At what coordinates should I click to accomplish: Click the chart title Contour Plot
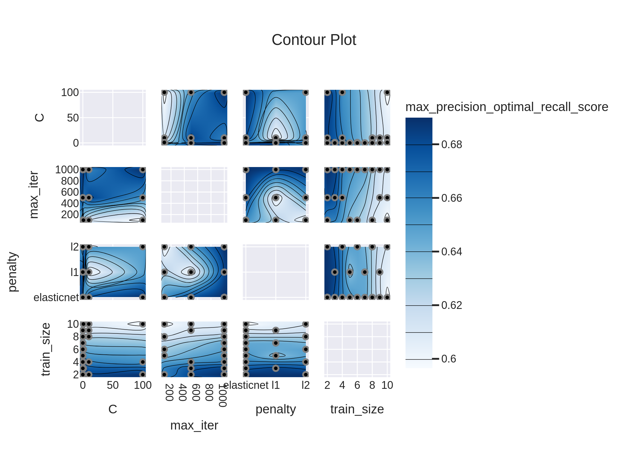coord(314,40)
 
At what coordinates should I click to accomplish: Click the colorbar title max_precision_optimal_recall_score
coord(507,107)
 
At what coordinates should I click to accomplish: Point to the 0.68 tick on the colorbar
coord(451,145)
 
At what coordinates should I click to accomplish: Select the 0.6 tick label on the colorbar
coord(449,359)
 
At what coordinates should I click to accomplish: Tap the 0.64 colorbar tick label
coord(451,252)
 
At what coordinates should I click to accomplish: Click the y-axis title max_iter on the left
coord(34,195)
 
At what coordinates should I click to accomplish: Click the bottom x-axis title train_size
coord(357,409)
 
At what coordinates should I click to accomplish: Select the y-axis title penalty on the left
coord(13,272)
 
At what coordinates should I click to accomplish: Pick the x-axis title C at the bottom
coord(112,409)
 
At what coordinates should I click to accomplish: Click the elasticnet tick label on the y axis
coord(56,298)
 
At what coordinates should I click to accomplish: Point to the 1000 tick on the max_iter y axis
coord(67,170)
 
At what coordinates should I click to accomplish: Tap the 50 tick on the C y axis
coord(73,118)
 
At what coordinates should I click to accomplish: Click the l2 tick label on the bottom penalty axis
coord(305,385)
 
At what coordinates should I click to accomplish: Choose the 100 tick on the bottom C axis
coord(143,385)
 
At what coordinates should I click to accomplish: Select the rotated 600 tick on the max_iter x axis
coord(196,392)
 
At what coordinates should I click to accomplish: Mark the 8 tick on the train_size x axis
coord(372,385)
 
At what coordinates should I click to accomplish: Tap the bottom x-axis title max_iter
coord(194,425)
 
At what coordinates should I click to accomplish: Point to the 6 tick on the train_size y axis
coord(76,349)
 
